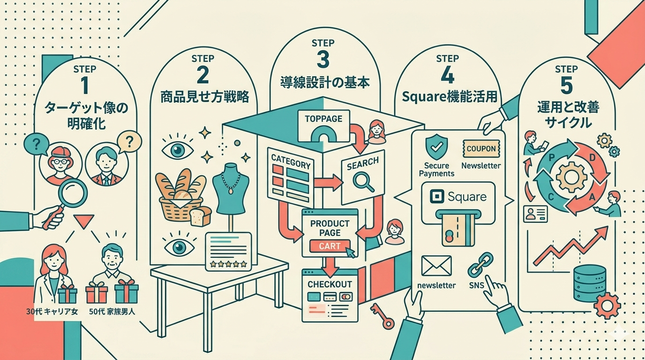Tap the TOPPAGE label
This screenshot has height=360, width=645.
(323, 119)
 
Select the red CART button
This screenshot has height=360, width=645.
(330, 246)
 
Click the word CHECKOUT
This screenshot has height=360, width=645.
(330, 285)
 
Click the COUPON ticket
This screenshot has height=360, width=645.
(481, 149)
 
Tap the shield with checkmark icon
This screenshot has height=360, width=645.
(436, 147)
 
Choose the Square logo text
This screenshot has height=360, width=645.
(467, 197)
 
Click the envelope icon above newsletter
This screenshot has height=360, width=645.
(436, 266)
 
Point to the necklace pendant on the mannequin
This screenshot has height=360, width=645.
(231, 191)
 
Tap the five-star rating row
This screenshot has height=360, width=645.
(229, 263)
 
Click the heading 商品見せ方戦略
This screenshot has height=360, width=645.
(204, 97)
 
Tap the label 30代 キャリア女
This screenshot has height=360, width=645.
(52, 311)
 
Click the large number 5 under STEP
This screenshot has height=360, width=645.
(567, 86)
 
